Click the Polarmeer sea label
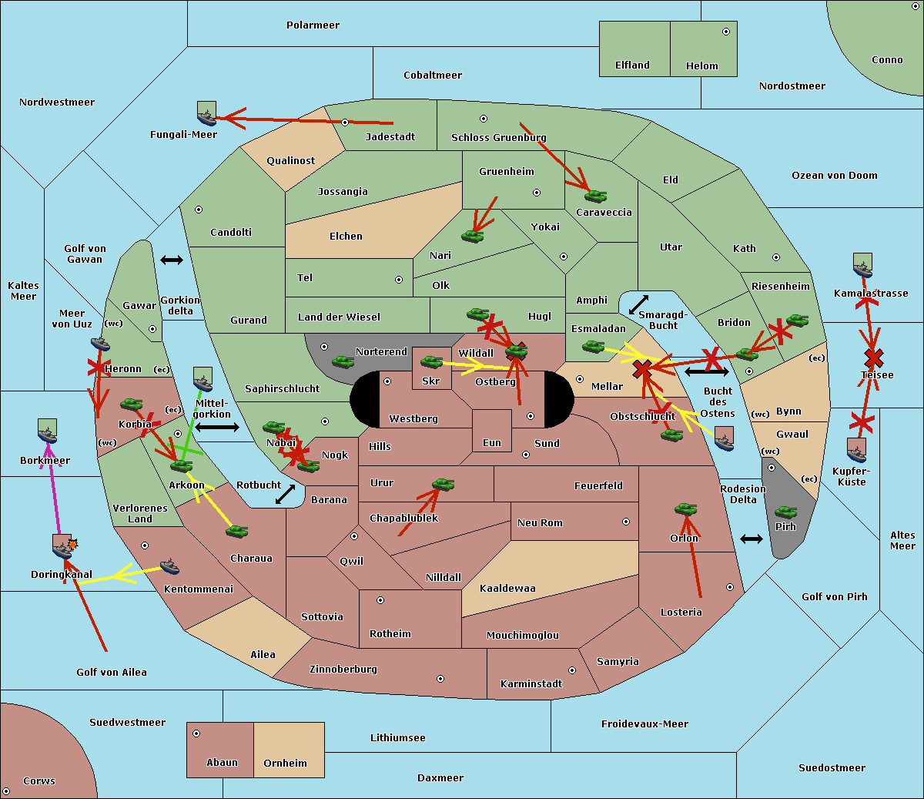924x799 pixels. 313,25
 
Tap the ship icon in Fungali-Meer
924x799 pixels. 206,113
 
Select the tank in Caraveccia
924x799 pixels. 595,196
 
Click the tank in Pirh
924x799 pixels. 785,512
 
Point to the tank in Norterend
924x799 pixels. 343,361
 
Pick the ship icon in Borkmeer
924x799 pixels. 48,431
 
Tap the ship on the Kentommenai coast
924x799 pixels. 169,566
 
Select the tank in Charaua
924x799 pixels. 236,532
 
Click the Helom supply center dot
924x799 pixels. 726,32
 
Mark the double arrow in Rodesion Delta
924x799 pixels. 752,539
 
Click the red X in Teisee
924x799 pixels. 874,358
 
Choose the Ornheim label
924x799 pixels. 285,763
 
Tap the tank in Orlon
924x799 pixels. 686,509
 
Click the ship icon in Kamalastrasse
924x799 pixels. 862,266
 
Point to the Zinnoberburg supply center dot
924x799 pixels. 440,679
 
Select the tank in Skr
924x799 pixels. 431,361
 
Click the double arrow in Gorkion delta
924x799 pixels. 172,260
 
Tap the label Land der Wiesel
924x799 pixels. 339,317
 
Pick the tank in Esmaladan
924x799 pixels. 593,346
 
